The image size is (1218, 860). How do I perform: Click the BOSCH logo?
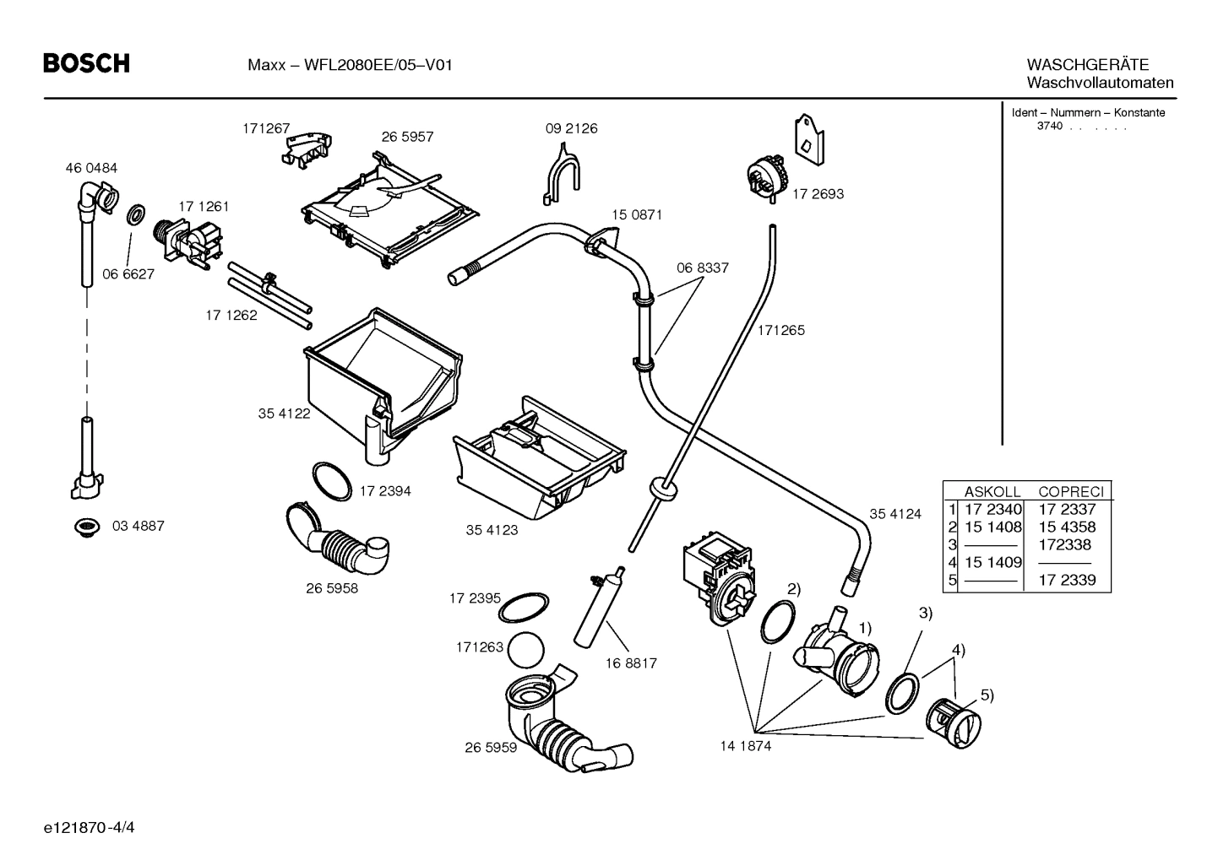click(x=86, y=63)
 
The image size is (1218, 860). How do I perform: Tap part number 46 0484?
click(x=91, y=168)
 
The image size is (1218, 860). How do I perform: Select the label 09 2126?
click(x=571, y=128)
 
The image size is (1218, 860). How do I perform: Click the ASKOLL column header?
click(x=992, y=491)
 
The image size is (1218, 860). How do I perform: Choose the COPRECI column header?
click(x=1070, y=491)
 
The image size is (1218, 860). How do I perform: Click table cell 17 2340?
click(x=992, y=509)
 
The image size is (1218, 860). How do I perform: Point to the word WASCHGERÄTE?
click(x=1087, y=64)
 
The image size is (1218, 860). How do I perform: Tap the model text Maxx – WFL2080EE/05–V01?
click(x=350, y=65)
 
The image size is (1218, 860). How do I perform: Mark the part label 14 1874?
click(x=745, y=746)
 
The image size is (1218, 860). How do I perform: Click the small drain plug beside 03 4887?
click(x=85, y=527)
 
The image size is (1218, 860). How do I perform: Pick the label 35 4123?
click(x=492, y=530)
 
